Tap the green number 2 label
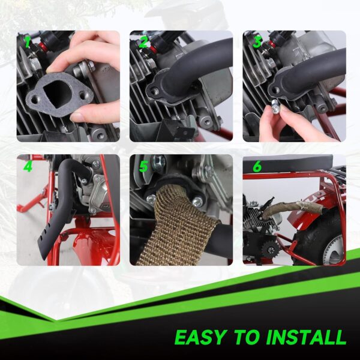click(143, 43)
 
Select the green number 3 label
click(257, 43)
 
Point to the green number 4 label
click(28, 166)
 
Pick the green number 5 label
click(143, 166)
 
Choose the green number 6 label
click(257, 166)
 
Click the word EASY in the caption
click(202, 337)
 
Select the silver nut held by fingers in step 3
click(274, 107)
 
